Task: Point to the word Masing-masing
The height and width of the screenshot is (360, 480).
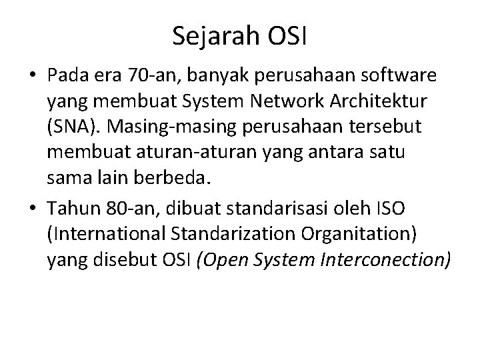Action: (x=164, y=129)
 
